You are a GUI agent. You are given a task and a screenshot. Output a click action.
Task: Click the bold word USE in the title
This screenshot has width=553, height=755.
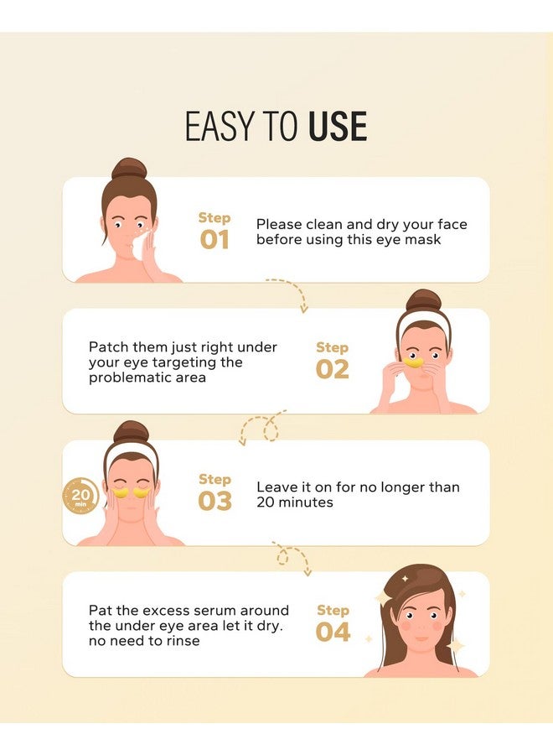click(338, 126)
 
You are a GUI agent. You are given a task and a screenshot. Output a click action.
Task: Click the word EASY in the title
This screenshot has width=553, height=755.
click(220, 126)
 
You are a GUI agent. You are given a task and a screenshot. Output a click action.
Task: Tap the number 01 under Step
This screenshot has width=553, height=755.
click(214, 240)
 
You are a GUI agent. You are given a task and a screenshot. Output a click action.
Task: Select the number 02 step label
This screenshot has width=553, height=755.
click(333, 369)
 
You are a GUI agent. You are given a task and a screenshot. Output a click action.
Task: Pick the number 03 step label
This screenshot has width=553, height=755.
click(215, 502)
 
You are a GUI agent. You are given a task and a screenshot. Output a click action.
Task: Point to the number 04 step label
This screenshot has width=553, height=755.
click(333, 633)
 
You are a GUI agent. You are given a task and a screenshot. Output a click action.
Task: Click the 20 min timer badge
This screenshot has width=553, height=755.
click(80, 496)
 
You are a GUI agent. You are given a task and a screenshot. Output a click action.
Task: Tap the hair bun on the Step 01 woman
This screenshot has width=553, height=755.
click(129, 169)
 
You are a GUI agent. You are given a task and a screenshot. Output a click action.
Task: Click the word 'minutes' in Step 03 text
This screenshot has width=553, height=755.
click(306, 502)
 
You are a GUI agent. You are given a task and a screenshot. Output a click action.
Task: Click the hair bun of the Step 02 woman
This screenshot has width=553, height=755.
click(424, 300)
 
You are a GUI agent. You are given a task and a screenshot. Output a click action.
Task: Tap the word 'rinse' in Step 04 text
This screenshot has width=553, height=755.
click(183, 641)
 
